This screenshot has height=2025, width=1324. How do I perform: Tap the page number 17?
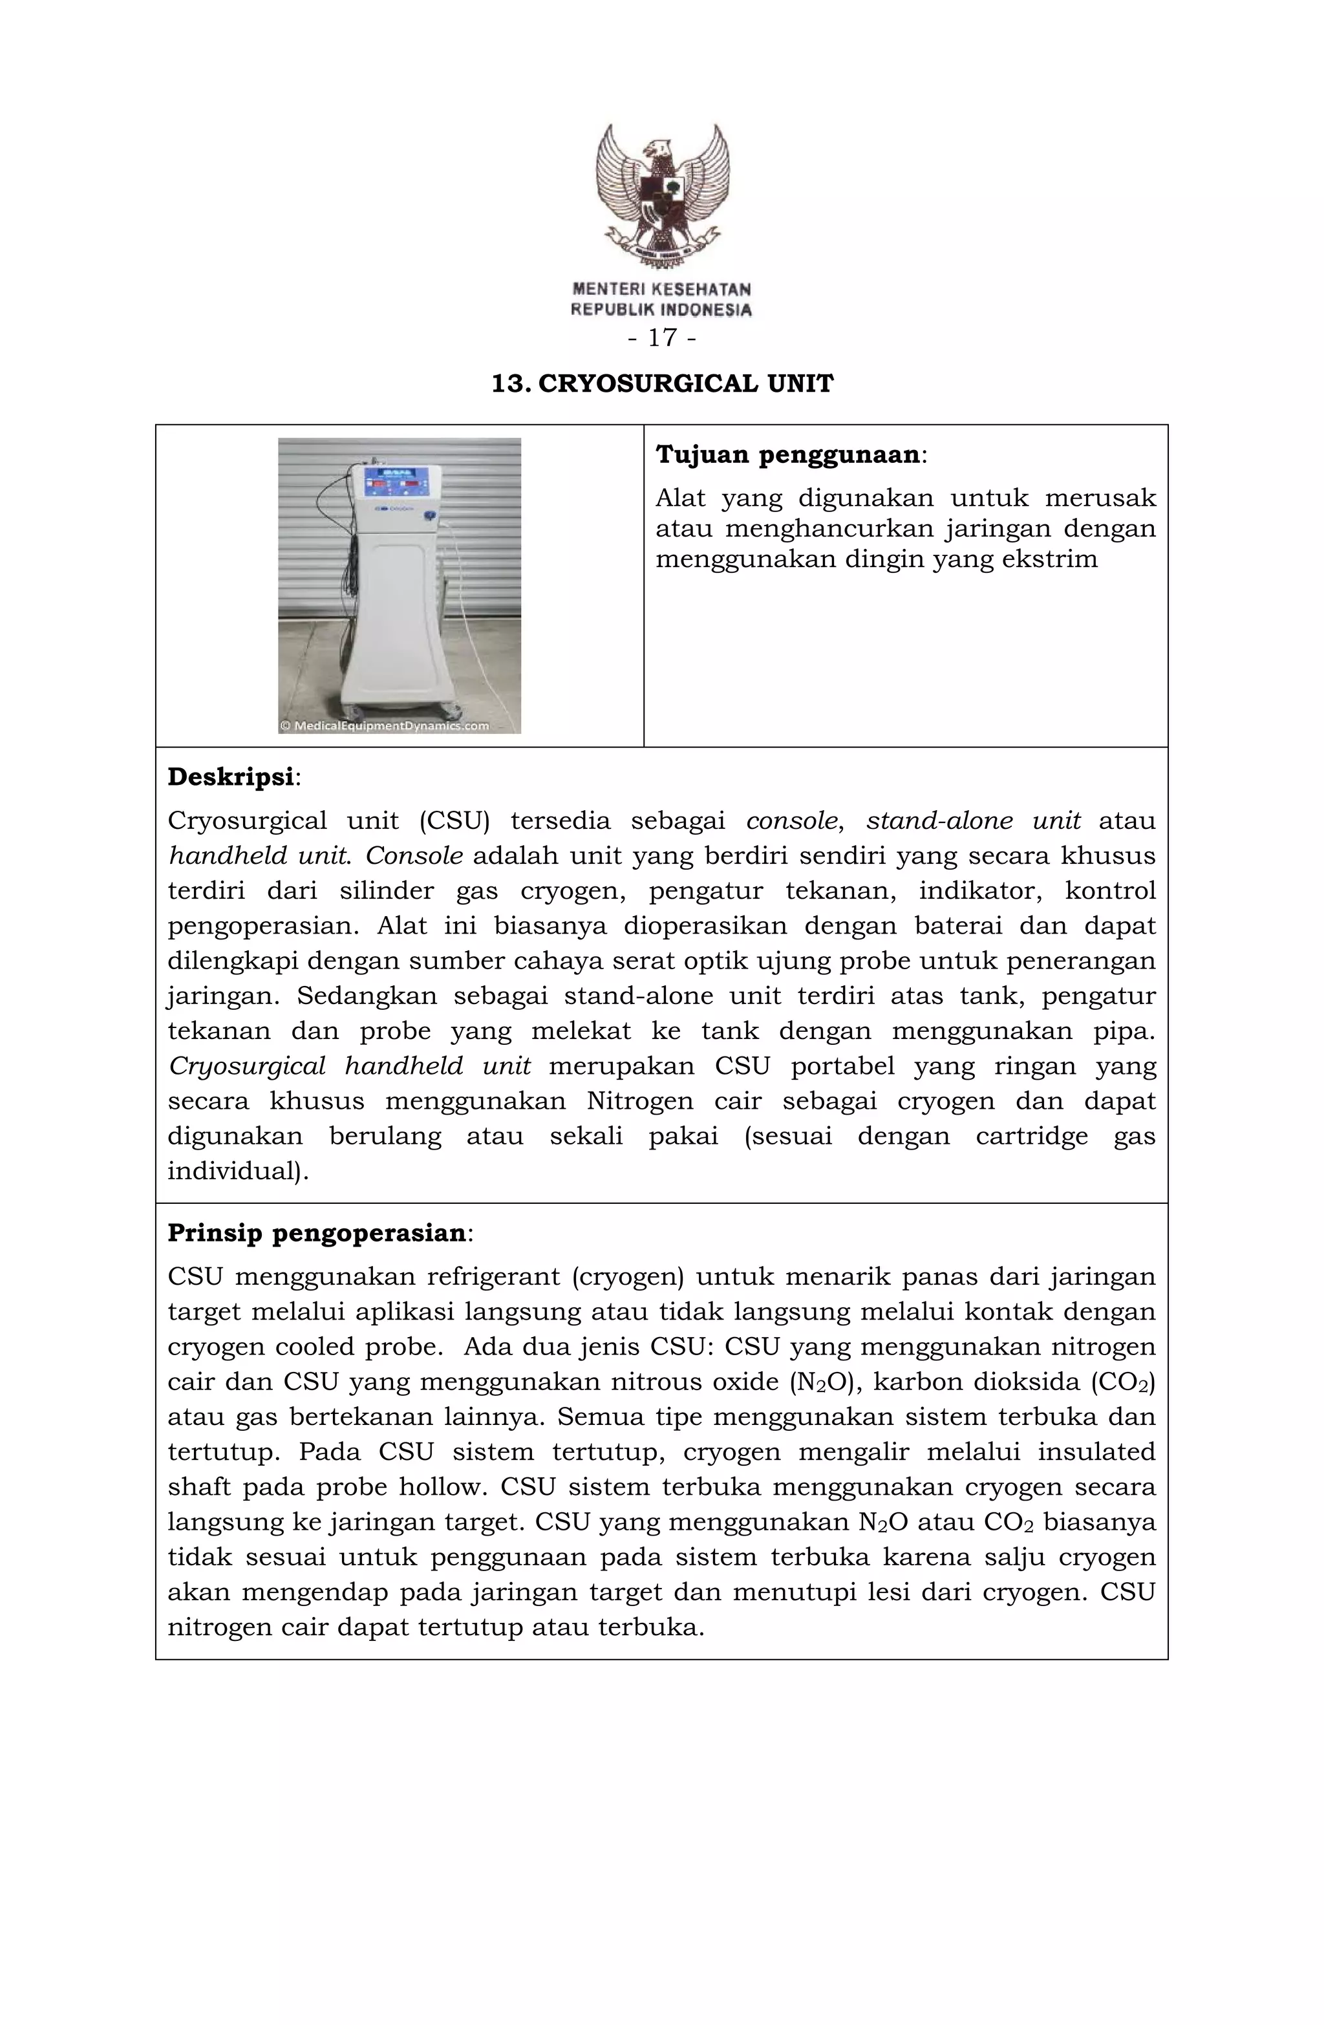662,339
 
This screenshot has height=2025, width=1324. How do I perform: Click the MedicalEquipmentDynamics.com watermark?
385,726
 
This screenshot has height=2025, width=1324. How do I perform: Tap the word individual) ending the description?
237,1172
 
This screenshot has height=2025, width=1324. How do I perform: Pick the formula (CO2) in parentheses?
1122,1382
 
